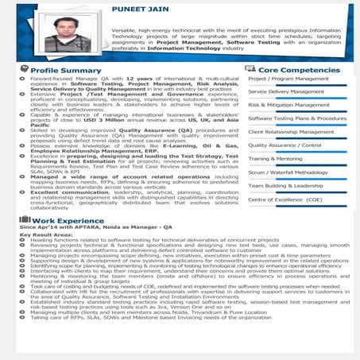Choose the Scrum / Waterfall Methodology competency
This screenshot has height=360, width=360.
288,172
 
